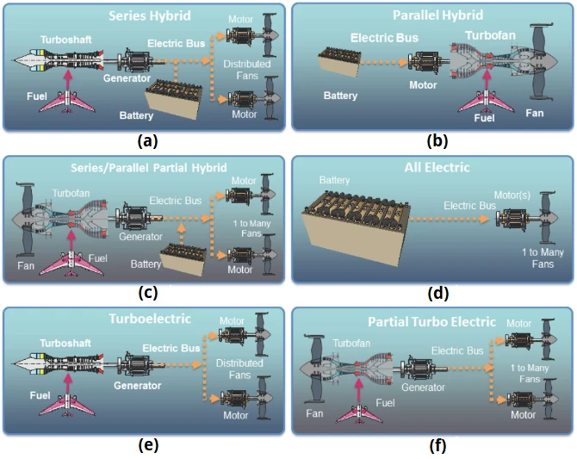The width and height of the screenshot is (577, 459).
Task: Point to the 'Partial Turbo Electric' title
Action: pyautogui.click(x=431, y=321)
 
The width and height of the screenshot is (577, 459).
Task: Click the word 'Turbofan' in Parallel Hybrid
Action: pyautogui.click(x=491, y=35)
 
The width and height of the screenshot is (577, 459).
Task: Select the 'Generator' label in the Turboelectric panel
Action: pyautogui.click(x=136, y=386)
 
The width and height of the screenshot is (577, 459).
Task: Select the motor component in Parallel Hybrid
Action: pyautogui.click(x=424, y=64)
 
